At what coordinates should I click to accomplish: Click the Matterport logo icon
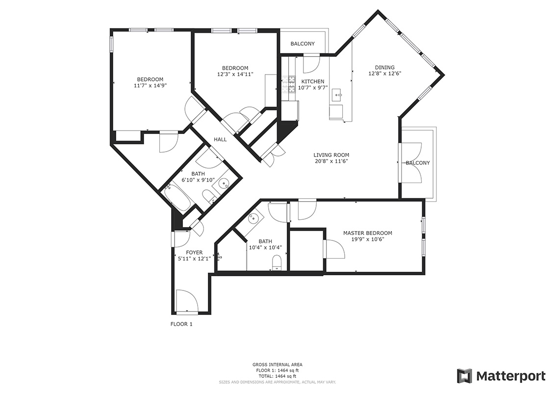point(464,376)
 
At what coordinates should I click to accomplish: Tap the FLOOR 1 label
point(181,324)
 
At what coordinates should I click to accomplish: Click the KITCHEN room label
point(312,81)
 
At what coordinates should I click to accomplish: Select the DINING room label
point(385,68)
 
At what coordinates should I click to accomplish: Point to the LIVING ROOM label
point(331,155)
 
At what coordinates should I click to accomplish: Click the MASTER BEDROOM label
point(368,233)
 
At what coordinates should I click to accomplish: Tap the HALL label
point(220,139)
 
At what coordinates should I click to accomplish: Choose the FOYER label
point(194,253)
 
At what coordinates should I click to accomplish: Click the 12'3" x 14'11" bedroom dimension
point(235,75)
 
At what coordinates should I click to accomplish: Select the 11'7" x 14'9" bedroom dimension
point(150,85)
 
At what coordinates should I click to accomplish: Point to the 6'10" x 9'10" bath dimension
point(198,180)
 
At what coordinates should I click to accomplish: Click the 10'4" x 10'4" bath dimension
point(265,247)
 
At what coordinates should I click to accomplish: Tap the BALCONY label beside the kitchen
point(303,44)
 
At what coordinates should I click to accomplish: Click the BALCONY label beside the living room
point(418,163)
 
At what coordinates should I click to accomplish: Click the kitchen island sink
point(336,95)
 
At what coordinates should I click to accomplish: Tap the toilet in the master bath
point(277,263)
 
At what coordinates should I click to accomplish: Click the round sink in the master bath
point(254,219)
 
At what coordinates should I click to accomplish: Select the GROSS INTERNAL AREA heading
point(277,365)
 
